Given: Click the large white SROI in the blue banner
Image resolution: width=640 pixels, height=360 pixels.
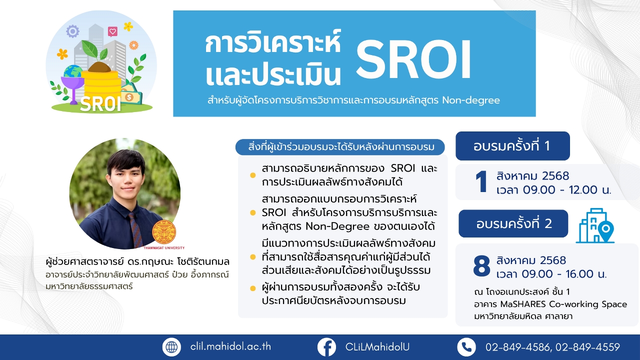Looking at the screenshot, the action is point(413,59).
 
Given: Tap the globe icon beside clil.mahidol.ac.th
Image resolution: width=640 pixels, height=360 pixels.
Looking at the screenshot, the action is point(171,347).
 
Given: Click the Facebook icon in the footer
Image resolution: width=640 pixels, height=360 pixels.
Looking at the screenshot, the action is point(326,347).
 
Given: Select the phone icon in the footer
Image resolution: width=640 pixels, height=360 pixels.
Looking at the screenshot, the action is point(466,347).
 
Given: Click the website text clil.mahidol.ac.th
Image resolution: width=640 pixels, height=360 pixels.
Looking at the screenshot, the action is point(230,347).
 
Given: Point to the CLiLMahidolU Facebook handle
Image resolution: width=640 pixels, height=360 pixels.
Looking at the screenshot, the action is point(377,347).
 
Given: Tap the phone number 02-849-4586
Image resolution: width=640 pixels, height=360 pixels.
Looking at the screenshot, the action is point(517,347).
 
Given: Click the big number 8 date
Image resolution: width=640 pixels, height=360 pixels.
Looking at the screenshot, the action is point(481,266).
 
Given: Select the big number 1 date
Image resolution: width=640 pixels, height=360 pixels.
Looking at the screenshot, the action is point(481,181).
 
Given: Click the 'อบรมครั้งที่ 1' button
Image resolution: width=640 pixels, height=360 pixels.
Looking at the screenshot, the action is point(512,146).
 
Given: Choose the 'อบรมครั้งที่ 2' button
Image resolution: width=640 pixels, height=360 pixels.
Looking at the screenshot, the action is point(513,223).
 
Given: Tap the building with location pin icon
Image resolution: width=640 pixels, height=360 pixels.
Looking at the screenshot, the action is point(595,225).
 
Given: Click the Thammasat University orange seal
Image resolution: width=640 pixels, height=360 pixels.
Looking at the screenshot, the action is point(164,232).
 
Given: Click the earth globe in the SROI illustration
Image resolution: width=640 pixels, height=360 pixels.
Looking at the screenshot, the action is point(73,72).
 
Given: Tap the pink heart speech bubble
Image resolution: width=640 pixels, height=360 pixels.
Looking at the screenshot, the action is point(112,31).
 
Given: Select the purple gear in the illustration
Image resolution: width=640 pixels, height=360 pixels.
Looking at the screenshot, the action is point(72,31).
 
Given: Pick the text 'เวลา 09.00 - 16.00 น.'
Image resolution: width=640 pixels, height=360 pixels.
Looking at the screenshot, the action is point(551,274).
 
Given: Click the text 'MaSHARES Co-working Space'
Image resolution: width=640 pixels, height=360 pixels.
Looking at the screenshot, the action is point(563,304).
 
